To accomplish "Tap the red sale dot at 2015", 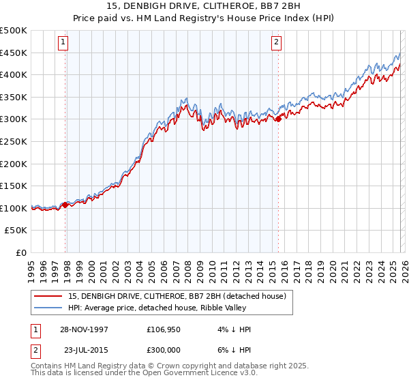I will coord(278,119).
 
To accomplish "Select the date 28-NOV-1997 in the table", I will coord(83,329).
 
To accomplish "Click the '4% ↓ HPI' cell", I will coord(235,329).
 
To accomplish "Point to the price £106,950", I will coord(168,329).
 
